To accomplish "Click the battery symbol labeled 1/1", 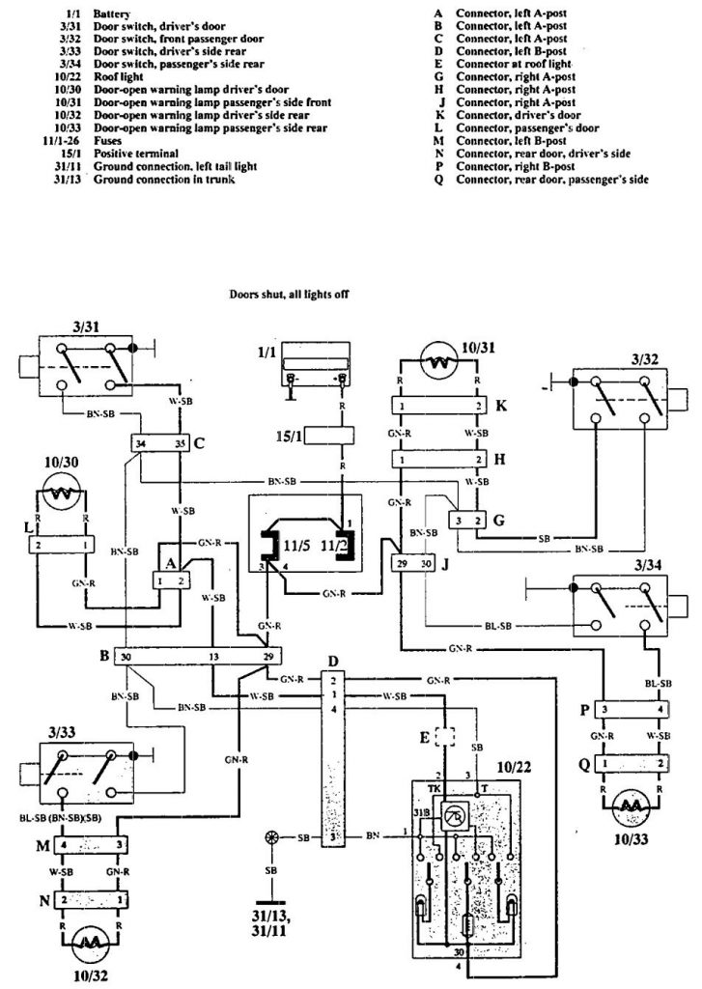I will point(316,373).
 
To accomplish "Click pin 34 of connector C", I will point(142,444).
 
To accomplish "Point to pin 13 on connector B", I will point(211,657).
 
